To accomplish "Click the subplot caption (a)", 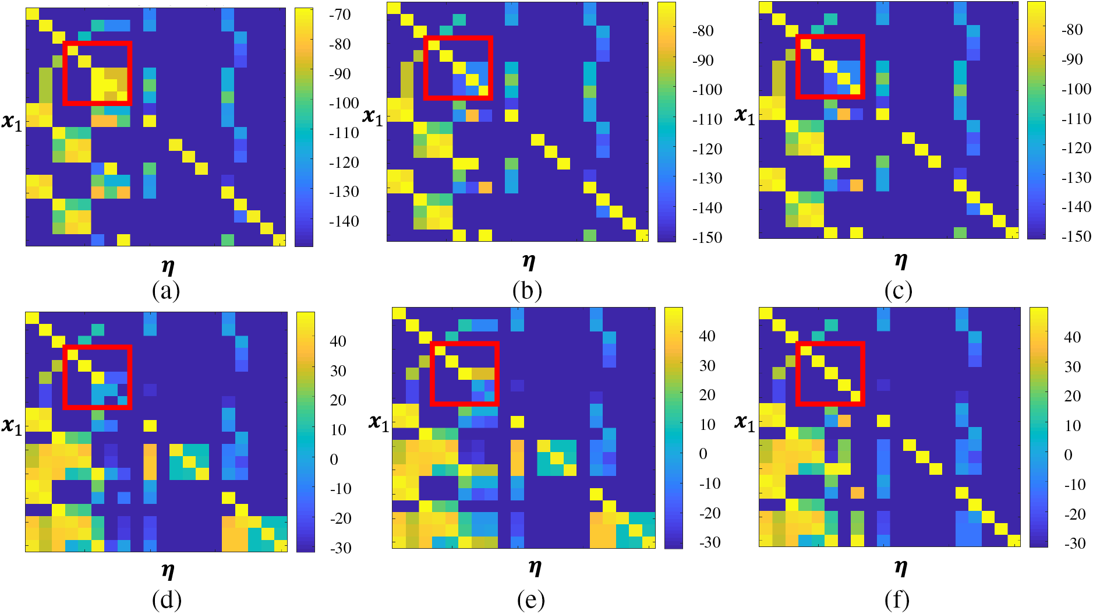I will tap(166, 290).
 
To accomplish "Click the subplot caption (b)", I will tap(527, 290).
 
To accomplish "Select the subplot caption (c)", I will tap(898, 290).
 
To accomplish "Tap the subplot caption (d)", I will tap(167, 599).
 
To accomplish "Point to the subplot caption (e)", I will tap(530, 599).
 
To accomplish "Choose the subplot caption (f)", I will tap(897, 599).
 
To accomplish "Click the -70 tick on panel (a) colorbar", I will tap(339, 15).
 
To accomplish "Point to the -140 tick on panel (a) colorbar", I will tap(344, 221).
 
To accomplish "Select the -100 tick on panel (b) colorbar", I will tap(707, 90).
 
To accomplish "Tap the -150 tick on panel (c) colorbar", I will tap(1076, 237).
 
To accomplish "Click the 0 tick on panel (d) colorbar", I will tap(334, 460).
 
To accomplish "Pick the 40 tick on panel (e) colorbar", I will tap(707, 336).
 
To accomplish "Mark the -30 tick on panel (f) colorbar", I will tap(1074, 544).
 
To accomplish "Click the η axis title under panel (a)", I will tap(168, 267).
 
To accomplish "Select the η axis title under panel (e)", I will tap(535, 567).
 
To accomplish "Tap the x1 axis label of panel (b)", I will tap(373, 117).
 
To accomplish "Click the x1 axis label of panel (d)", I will tap(12, 426).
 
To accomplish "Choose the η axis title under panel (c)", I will tap(900, 261).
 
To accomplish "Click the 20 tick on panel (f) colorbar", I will tap(1072, 396).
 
